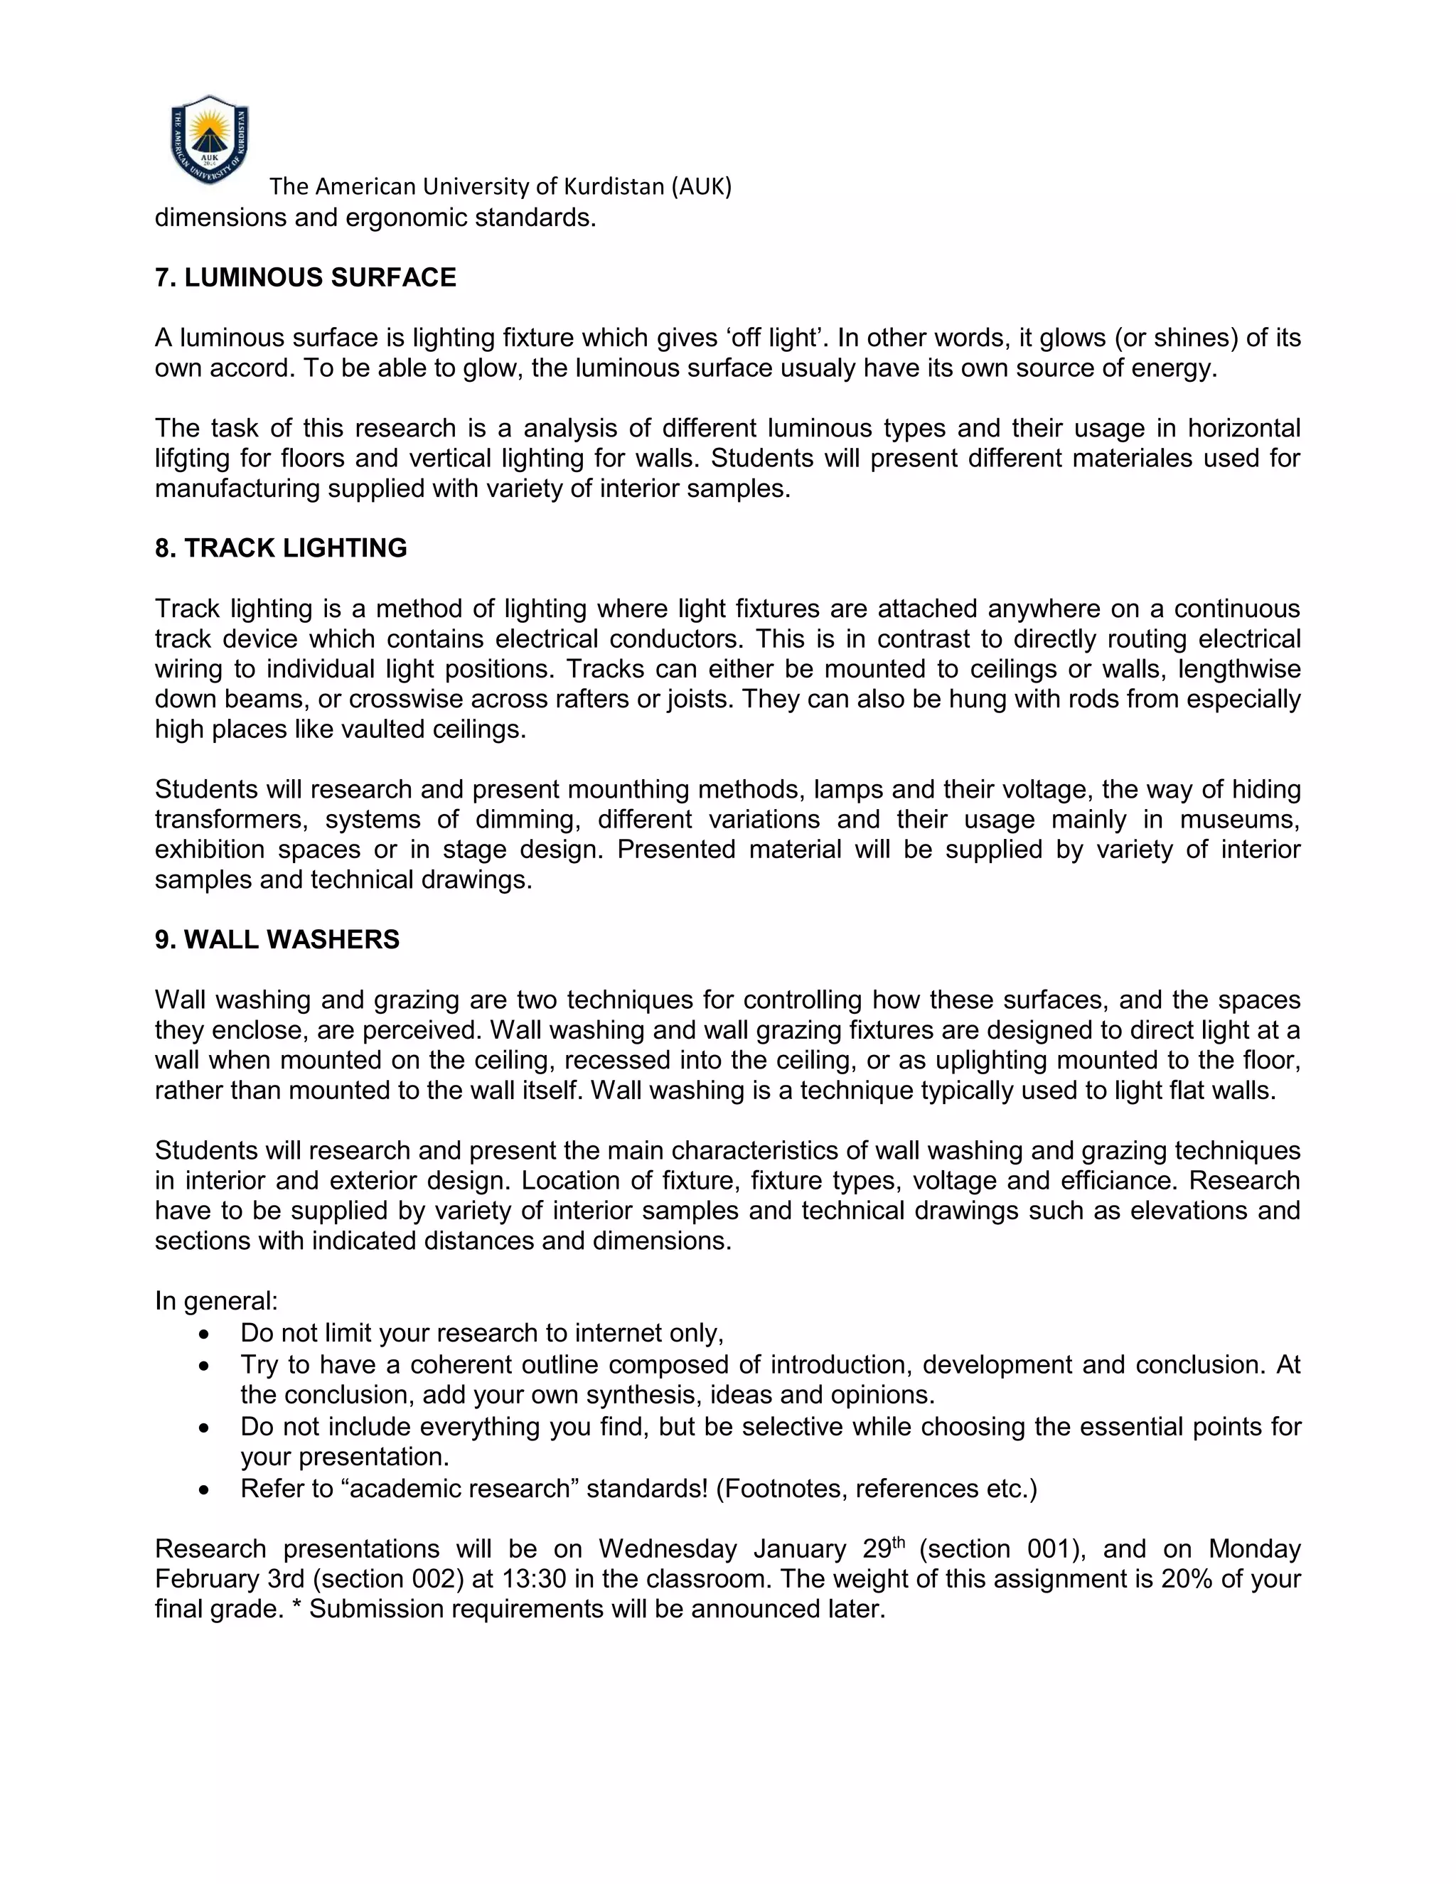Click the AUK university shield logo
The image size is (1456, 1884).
pyautogui.click(x=210, y=140)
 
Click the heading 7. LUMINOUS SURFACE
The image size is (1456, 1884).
pyautogui.click(x=305, y=278)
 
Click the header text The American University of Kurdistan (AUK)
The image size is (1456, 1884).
pyautogui.click(x=500, y=186)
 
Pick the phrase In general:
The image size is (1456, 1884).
pyautogui.click(x=215, y=1301)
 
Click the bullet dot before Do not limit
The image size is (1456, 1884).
pyautogui.click(x=203, y=1335)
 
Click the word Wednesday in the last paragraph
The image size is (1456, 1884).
pyautogui.click(x=668, y=1549)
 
